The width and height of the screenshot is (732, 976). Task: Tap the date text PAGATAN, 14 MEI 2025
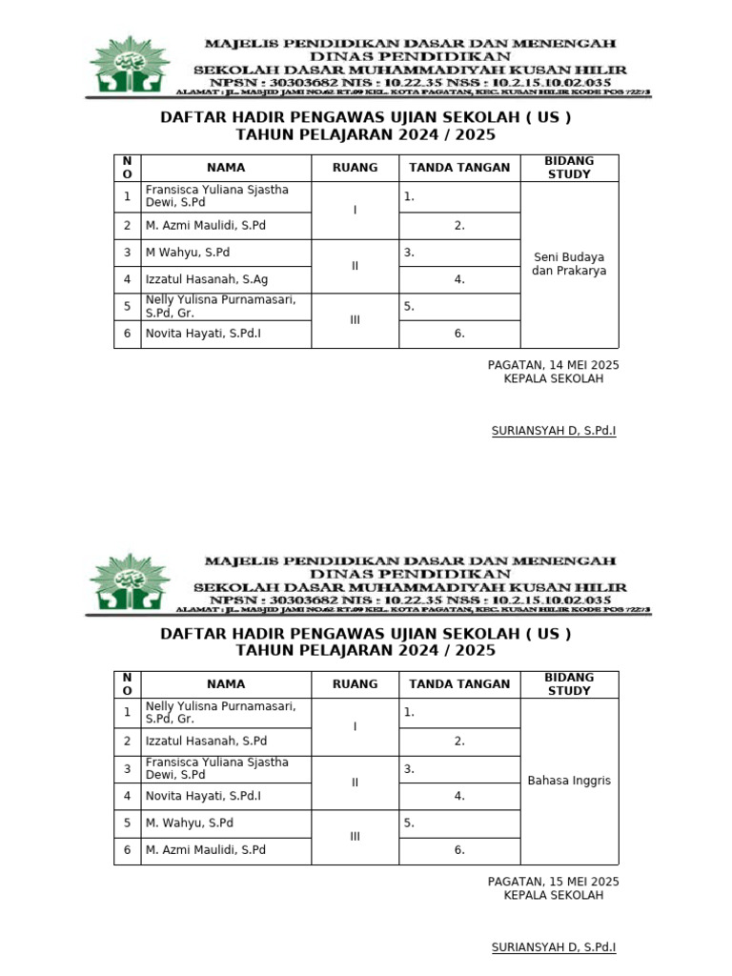click(x=553, y=365)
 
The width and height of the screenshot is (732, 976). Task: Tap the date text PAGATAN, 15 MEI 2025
click(x=553, y=882)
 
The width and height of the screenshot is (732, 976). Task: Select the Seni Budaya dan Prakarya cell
click(x=569, y=264)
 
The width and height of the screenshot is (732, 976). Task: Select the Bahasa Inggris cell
click(x=569, y=781)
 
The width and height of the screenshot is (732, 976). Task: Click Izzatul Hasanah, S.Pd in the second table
click(x=206, y=741)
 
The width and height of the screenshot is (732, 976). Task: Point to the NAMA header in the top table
click(x=226, y=168)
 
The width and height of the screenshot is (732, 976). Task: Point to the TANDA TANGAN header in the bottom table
click(x=459, y=684)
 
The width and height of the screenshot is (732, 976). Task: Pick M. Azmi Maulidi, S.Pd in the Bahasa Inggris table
click(x=205, y=850)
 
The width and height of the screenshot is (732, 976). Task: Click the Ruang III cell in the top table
click(x=355, y=320)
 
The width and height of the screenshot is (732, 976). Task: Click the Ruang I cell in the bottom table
click(x=355, y=726)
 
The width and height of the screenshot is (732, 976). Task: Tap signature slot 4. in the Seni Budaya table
click(x=459, y=279)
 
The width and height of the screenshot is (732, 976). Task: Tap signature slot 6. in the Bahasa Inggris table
click(x=459, y=850)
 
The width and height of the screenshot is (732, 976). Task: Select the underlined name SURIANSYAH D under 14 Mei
click(x=553, y=431)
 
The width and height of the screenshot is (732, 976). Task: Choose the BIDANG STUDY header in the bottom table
click(x=569, y=684)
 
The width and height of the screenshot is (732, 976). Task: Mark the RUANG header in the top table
click(x=355, y=168)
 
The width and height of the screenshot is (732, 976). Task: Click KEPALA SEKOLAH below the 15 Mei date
click(x=553, y=896)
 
